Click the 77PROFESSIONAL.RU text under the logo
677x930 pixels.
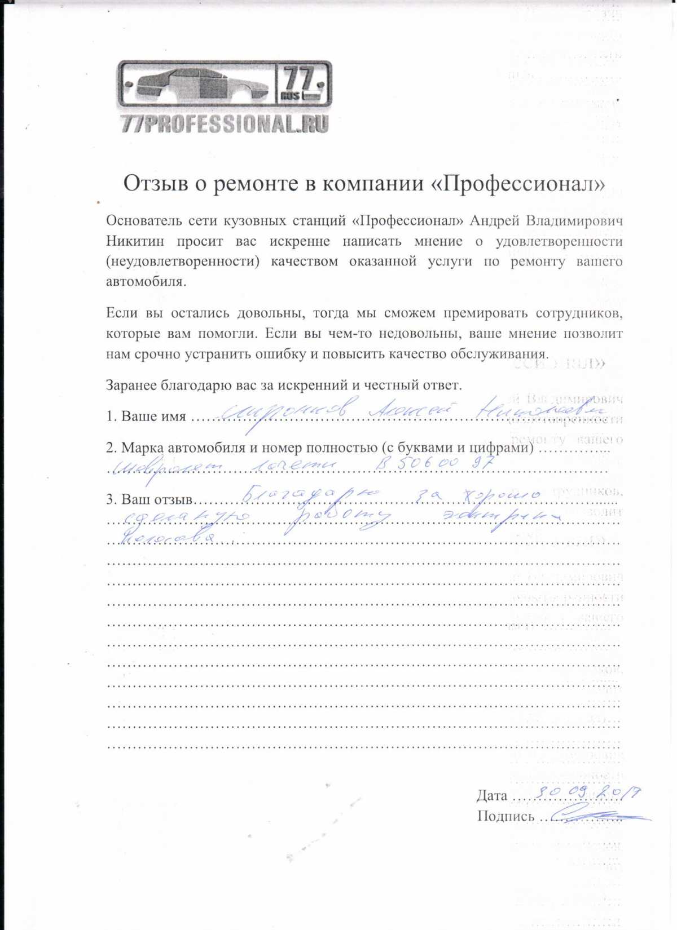click(225, 124)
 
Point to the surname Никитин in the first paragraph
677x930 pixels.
click(135, 241)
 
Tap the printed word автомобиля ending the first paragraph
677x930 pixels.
click(146, 282)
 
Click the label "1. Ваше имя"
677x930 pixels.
click(146, 417)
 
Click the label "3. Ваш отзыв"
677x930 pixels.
click(150, 499)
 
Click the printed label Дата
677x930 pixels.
click(491, 796)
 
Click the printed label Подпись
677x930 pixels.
click(505, 816)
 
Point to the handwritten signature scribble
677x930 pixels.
click(595, 815)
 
